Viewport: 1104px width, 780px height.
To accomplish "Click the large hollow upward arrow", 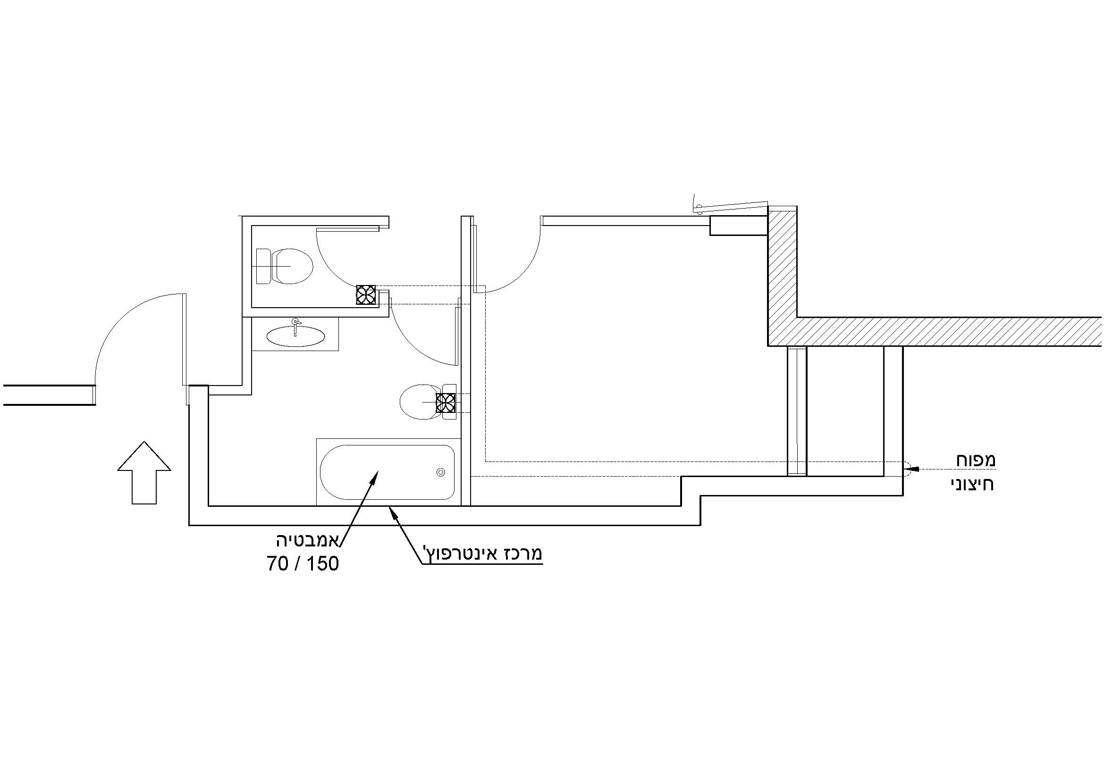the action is pyautogui.click(x=144, y=473).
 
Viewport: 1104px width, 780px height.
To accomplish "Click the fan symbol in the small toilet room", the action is pyautogui.click(x=366, y=294).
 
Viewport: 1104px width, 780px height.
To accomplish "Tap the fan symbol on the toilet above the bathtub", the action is pyautogui.click(x=445, y=403).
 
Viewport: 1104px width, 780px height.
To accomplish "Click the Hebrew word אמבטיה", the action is pyautogui.click(x=307, y=540).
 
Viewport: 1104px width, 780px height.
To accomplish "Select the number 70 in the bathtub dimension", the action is pyautogui.click(x=278, y=564).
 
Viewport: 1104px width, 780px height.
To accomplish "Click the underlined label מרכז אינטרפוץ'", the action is pyautogui.click(x=482, y=554).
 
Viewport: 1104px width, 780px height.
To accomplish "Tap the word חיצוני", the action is pyautogui.click(x=972, y=484).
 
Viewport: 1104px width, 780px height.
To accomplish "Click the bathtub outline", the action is pyautogui.click(x=388, y=472).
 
